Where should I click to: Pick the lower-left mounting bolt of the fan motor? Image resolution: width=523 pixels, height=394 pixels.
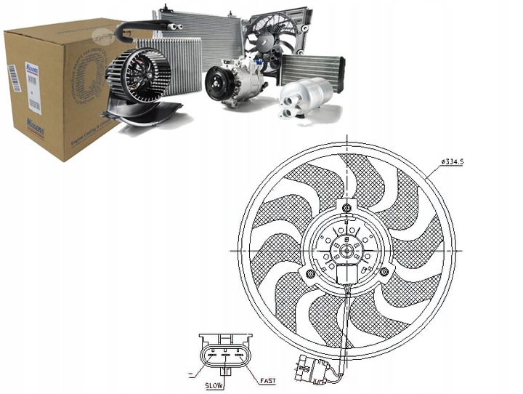[311, 273]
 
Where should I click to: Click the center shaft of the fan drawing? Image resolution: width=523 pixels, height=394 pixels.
[347, 251]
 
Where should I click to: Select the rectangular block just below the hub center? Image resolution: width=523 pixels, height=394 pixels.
[346, 275]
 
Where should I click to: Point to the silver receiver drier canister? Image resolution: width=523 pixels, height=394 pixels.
[307, 95]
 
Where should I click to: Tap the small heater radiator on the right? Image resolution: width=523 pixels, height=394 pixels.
[310, 69]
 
